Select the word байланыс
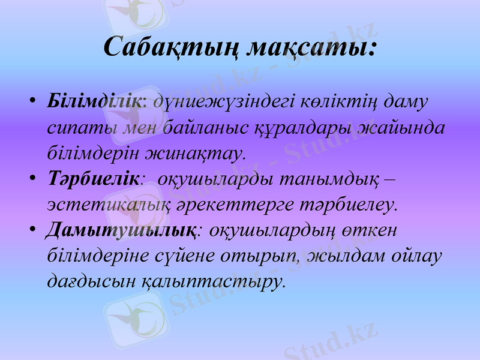212,127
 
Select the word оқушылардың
272,230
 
